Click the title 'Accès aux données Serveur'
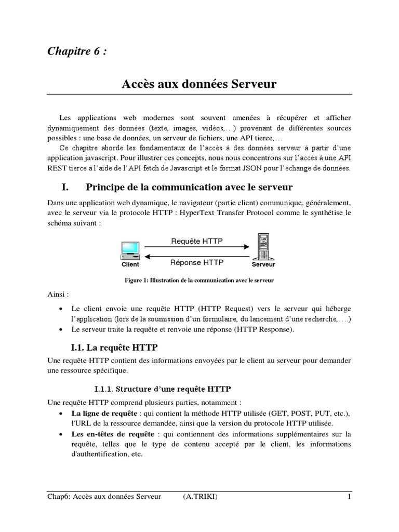tap(199, 84)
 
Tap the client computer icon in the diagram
tap(130, 250)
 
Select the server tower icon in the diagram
tap(263, 247)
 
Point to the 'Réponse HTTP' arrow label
tap(196, 262)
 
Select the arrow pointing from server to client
tap(197, 256)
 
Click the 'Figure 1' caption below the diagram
tap(199, 281)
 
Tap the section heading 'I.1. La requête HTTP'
tap(114, 347)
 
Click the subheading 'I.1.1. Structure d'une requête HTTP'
tap(163, 388)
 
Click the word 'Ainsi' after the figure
tap(57, 294)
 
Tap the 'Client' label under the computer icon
tap(130, 264)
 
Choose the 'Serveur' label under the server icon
tap(263, 264)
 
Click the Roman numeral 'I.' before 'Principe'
tap(66, 187)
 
